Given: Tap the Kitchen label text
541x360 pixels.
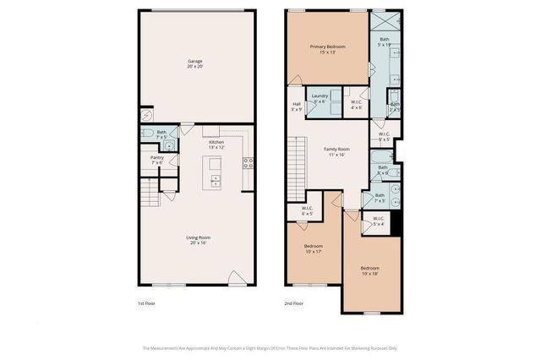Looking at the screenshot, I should click(x=216, y=145).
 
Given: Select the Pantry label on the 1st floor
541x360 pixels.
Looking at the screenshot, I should click(x=156, y=159).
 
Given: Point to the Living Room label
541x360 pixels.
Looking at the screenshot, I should click(x=199, y=240).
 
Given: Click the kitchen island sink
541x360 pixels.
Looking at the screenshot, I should click(x=216, y=178).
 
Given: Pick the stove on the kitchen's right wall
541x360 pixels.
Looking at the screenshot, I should click(x=249, y=162).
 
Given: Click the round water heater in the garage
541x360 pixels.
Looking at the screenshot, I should click(x=145, y=116).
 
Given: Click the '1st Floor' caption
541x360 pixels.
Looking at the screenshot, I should click(x=147, y=303).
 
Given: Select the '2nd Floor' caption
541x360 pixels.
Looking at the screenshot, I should click(x=293, y=303).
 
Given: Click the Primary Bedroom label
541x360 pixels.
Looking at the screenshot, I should click(x=328, y=49).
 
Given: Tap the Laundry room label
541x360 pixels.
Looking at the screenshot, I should click(x=320, y=98).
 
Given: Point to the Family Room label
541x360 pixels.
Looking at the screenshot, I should click(x=336, y=152).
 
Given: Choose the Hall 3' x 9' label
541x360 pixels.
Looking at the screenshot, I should click(x=296, y=107).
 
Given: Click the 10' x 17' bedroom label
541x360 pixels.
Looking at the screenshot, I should click(x=314, y=248).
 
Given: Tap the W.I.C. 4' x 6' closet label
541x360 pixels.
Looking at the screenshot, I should click(x=356, y=105).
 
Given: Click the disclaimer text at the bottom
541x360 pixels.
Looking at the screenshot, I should click(x=270, y=347).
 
